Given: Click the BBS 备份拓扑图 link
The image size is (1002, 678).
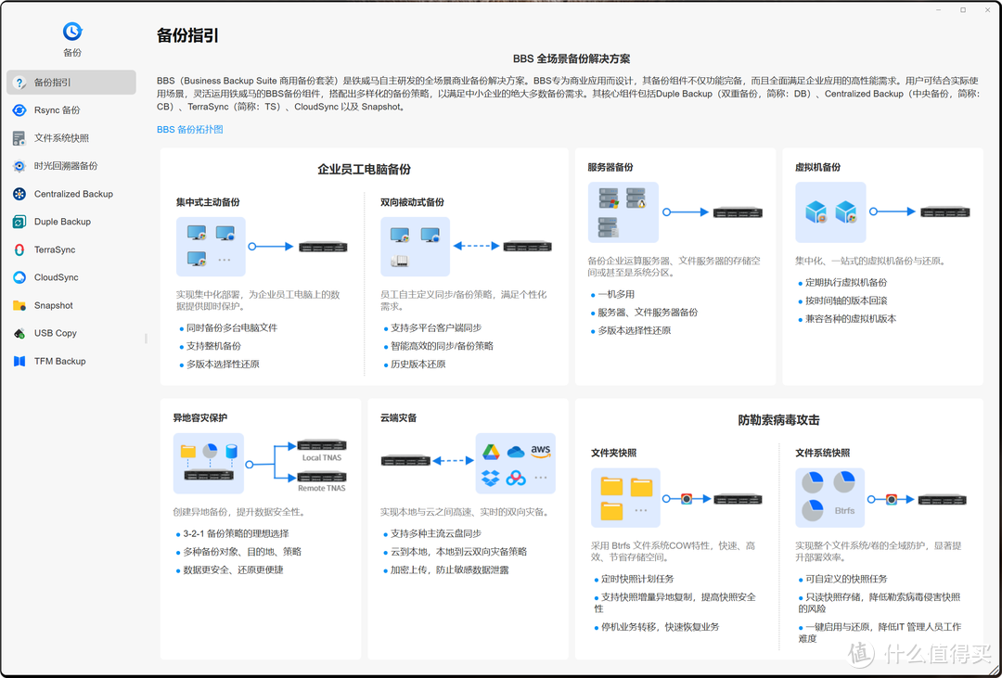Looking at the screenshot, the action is [x=190, y=129].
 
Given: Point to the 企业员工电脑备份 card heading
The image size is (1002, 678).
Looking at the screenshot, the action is [x=365, y=170].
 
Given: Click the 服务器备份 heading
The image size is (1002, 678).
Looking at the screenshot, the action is [x=610, y=167].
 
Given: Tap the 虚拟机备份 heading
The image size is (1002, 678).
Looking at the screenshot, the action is [x=818, y=167].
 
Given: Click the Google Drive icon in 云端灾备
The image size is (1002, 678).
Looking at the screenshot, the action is [x=491, y=452].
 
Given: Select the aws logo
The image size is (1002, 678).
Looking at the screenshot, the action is [x=541, y=452].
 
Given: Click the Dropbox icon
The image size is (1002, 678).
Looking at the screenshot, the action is [x=491, y=478].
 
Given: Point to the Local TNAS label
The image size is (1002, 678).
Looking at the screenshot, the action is [x=322, y=457].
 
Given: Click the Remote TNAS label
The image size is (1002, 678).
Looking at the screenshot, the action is [x=321, y=488].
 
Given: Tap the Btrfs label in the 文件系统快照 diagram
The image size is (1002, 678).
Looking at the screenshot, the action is [x=845, y=510].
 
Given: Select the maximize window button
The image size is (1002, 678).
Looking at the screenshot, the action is [x=963, y=9].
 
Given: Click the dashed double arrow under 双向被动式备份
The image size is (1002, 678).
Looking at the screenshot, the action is [x=476, y=246].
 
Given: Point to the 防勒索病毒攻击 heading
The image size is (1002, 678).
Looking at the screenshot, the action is [x=778, y=420].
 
